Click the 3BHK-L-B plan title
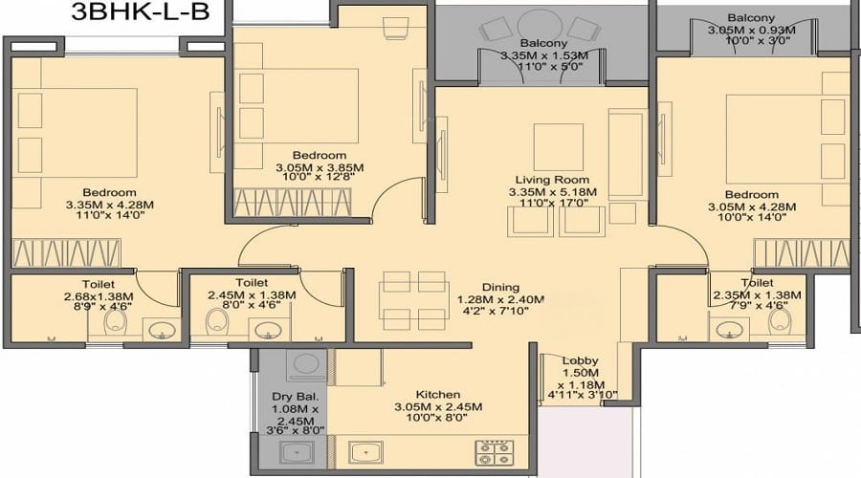click(x=140, y=11)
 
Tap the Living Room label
click(x=552, y=180)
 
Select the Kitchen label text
click(x=437, y=395)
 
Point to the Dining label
click(x=500, y=287)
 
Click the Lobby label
click(x=580, y=360)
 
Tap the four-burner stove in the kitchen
click(x=495, y=453)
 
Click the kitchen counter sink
click(x=365, y=453)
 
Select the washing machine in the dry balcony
click(x=307, y=365)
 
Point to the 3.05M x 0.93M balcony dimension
click(x=751, y=31)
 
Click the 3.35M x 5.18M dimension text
click(x=552, y=192)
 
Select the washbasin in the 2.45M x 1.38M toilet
click(x=266, y=330)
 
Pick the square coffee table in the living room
click(x=559, y=147)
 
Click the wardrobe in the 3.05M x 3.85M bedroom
click(x=292, y=203)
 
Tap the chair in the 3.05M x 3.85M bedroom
click(x=395, y=28)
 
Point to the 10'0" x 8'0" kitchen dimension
click(x=437, y=418)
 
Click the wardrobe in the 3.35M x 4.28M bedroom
click(x=66, y=253)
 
